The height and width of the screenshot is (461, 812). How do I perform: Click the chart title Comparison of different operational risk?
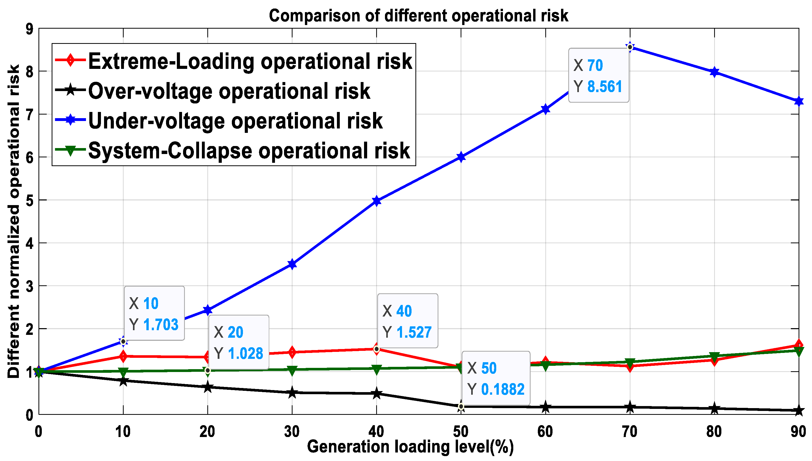click(418, 16)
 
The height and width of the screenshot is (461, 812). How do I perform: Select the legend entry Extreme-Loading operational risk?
click(250, 61)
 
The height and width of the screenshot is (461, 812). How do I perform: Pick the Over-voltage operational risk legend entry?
click(229, 91)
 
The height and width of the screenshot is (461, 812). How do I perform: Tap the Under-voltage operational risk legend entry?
click(235, 121)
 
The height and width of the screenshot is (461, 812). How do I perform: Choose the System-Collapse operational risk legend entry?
click(249, 151)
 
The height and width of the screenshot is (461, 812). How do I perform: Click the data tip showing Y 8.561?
click(598, 75)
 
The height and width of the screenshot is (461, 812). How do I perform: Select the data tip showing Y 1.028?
click(238, 342)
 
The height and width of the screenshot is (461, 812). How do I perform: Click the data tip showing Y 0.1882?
click(495, 378)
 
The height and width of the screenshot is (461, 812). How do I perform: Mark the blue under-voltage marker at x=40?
click(376, 201)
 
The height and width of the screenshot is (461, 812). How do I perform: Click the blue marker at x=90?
click(799, 102)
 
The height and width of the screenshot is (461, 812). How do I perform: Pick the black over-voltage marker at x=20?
click(208, 387)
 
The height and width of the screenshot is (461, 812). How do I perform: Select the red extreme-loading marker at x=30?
click(292, 352)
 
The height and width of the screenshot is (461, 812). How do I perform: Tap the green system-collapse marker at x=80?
click(714, 356)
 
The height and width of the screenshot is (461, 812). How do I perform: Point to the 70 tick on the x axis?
click(629, 432)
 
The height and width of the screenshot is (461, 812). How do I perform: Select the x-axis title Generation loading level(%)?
click(410, 447)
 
